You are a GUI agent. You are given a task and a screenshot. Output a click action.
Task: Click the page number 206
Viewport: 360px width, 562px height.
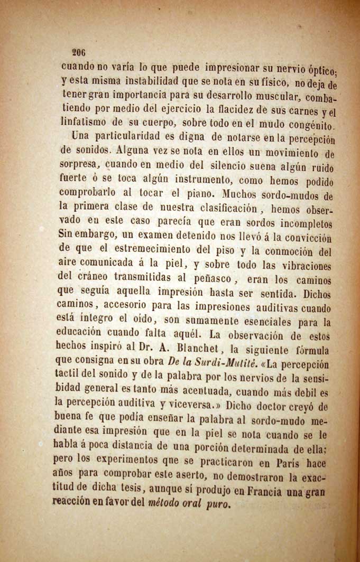point(79,52)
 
